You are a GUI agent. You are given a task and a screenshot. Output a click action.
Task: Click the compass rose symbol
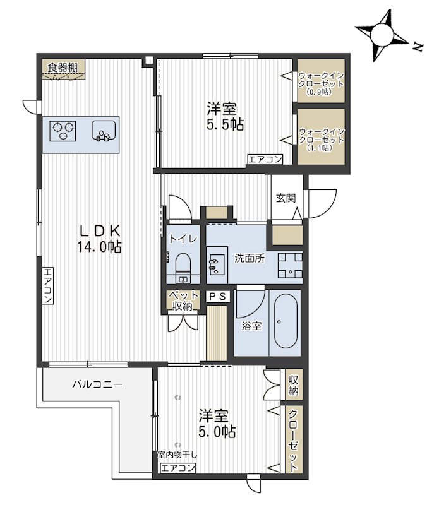tap(382, 35)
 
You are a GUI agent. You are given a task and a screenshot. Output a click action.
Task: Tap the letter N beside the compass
tap(418, 48)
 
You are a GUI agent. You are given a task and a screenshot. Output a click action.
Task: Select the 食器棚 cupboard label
tap(63, 68)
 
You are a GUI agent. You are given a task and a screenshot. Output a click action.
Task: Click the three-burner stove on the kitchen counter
tap(63, 131)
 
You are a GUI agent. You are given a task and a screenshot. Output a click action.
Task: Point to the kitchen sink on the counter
tap(104, 131)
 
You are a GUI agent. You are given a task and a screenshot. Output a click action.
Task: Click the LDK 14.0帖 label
tap(100, 239)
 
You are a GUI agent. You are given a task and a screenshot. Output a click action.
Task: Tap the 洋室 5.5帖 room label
tap(225, 116)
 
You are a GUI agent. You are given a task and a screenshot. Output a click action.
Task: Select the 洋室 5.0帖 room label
tap(217, 423)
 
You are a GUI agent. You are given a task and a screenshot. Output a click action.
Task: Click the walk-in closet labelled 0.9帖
tap(321, 81)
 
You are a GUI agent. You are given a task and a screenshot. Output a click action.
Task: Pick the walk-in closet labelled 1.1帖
tap(321, 136)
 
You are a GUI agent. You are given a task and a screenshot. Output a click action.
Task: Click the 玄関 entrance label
tap(286, 198)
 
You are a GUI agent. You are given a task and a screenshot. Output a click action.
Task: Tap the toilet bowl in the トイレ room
tap(183, 264)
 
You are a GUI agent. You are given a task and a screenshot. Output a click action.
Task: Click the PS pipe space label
tap(218, 297)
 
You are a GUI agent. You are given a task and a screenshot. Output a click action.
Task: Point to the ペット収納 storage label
tap(183, 300)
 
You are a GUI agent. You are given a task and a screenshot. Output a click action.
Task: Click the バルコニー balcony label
tap(97, 384)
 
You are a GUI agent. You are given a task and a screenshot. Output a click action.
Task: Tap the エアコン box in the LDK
tap(48, 286)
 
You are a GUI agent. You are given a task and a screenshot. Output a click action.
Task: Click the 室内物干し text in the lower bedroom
tap(177, 454)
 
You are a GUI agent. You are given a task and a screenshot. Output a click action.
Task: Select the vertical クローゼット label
tap(292, 441)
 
